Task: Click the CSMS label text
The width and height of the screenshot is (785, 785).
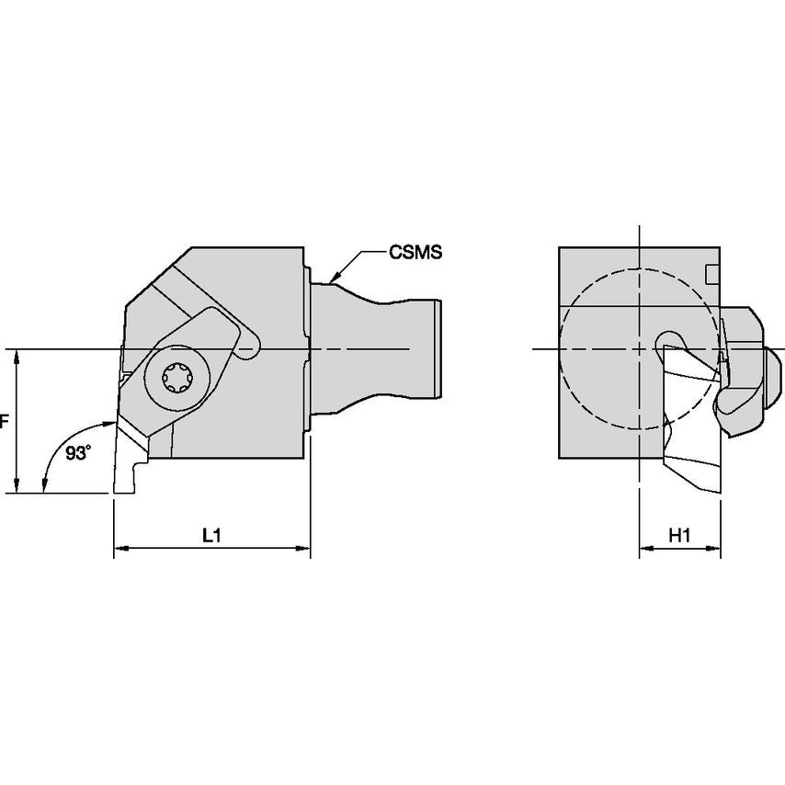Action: pos(416,251)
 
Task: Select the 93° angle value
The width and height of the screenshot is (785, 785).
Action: pos(80,452)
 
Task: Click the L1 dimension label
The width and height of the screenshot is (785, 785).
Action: pos(211,536)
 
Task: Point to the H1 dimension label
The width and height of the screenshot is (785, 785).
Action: pos(679,536)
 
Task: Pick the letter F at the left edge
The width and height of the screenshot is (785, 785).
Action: pos(4,422)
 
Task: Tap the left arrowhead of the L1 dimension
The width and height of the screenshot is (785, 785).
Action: pos(119,550)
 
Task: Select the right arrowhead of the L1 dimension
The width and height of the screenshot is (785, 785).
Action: pos(304,550)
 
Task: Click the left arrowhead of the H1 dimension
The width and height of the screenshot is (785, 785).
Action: pos(645,550)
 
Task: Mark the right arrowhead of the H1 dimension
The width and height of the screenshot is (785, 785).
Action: pos(715,550)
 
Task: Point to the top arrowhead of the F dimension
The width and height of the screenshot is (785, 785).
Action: pos(17,356)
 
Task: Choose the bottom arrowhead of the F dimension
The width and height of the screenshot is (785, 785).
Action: pos(17,487)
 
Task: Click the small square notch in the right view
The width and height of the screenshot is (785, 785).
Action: pos(711,274)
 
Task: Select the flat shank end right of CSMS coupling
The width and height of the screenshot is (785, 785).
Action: pos(439,348)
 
